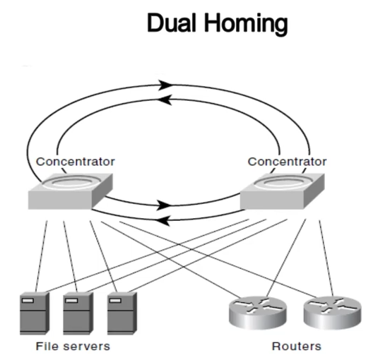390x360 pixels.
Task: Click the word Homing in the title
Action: (x=247, y=24)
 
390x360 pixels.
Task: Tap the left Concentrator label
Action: (x=76, y=162)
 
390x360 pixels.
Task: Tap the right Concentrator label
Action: (x=287, y=162)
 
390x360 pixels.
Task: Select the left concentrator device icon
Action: (x=71, y=191)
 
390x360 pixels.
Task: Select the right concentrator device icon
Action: (x=283, y=191)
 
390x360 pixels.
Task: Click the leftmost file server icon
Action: (x=35, y=313)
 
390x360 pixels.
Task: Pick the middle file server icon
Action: (x=78, y=313)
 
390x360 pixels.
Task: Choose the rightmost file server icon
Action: (x=122, y=313)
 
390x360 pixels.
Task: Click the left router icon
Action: (x=258, y=312)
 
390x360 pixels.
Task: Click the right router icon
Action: (x=333, y=312)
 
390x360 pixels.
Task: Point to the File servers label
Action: (x=73, y=346)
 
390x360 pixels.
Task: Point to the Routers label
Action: (x=297, y=346)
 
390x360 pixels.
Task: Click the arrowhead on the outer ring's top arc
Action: (x=165, y=85)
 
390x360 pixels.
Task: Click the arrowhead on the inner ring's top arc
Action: (x=165, y=100)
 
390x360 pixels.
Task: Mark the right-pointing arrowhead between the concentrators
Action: (x=164, y=205)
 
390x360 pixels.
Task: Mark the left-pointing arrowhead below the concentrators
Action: (x=164, y=220)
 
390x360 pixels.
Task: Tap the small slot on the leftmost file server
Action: (x=28, y=301)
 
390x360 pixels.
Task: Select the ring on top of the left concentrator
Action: (x=71, y=183)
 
